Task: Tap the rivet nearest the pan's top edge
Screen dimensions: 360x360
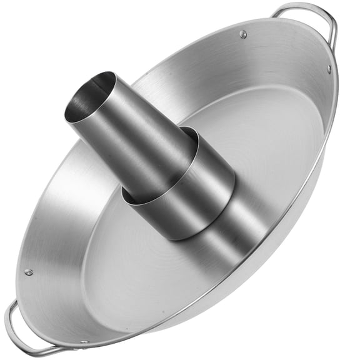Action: [x=243, y=34]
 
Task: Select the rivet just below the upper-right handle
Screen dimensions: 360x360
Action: [x=329, y=69]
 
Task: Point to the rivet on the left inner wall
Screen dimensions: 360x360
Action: [x=28, y=272]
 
